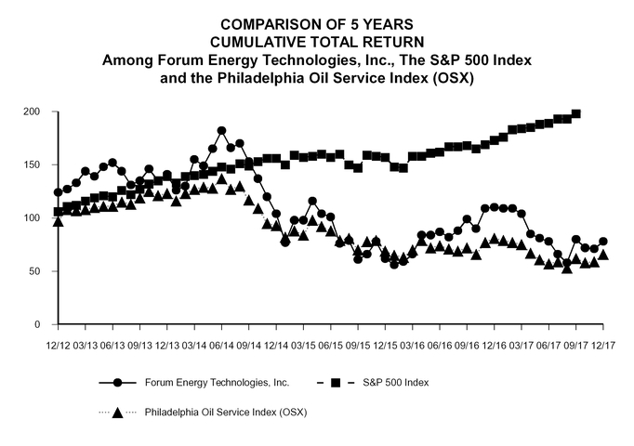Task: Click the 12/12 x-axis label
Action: click(58, 345)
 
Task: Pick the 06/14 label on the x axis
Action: click(221, 345)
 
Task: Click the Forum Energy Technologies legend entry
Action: click(218, 383)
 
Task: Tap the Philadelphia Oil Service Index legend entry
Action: click(225, 412)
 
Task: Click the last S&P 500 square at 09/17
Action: click(576, 113)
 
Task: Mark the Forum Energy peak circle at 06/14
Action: click(221, 131)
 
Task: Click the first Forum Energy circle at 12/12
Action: click(59, 192)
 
